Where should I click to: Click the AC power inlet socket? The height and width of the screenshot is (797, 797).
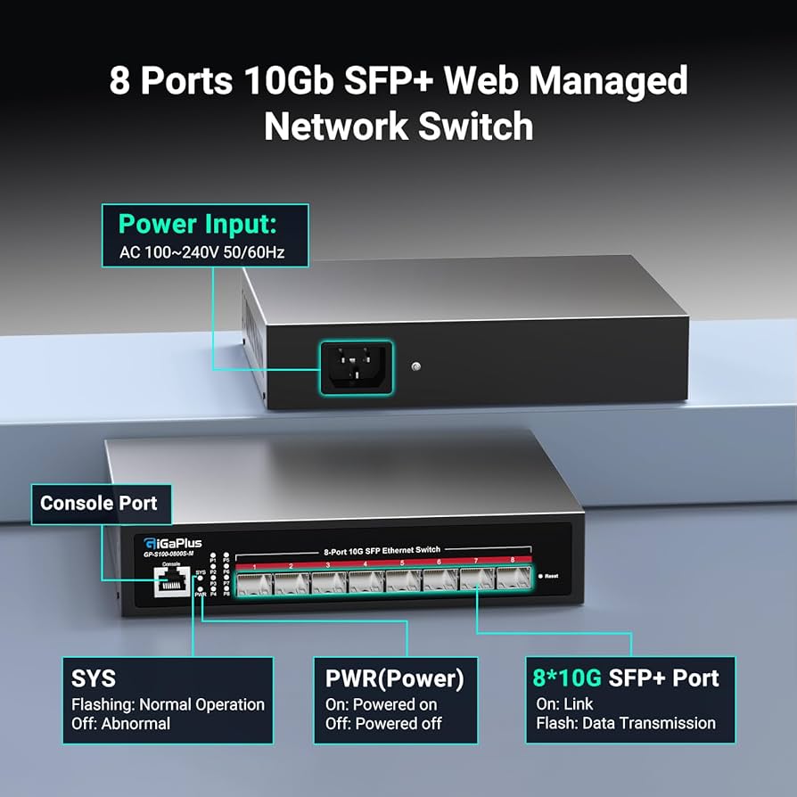355,367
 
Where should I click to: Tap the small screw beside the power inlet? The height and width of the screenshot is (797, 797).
415,366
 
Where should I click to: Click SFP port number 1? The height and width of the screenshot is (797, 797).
254,583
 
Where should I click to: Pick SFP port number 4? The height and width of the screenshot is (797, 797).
366,583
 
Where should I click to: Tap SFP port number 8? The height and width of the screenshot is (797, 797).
513,579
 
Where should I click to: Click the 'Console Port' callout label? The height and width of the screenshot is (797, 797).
98,504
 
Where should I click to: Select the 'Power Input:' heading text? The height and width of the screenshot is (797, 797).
198,224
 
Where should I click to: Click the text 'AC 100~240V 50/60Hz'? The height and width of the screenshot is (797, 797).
201,252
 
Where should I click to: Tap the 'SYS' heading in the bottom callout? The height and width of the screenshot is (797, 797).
94,678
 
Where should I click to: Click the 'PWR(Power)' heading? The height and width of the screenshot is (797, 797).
395,678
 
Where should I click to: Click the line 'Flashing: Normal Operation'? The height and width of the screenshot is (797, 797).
168,704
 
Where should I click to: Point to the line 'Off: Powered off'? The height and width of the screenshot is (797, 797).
382,723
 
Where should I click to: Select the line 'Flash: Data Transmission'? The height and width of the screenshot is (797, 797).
625,723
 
